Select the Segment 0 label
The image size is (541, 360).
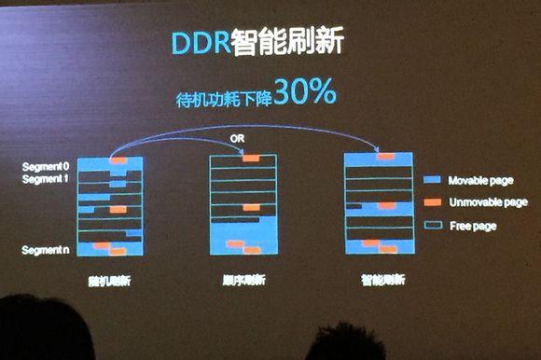[x=46, y=166]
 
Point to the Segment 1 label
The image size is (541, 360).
[x=46, y=177]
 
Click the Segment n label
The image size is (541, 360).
[x=46, y=250]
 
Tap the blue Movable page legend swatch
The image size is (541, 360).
[x=430, y=179]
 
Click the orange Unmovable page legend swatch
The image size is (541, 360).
[x=430, y=201]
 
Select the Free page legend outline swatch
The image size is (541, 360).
[x=430, y=225]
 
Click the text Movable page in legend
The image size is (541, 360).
[x=480, y=179]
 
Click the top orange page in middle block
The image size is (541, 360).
[x=250, y=159]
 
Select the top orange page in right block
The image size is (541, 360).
[x=385, y=157]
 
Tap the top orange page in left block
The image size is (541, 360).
[x=118, y=159]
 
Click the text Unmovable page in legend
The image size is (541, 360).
[x=487, y=201]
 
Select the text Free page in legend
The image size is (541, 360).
[x=472, y=225]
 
